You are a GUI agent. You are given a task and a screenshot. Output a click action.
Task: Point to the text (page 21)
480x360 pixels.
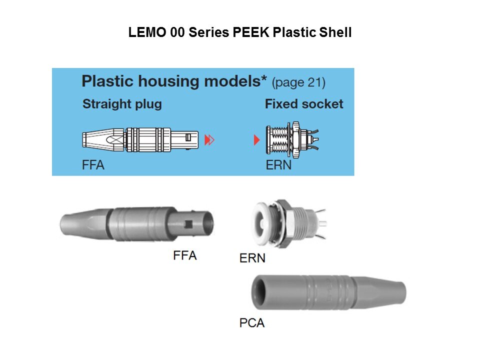(x=298, y=82)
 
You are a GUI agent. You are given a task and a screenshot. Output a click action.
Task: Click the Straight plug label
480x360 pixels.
(x=122, y=104)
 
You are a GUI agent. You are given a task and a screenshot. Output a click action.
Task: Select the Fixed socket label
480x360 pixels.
(x=304, y=104)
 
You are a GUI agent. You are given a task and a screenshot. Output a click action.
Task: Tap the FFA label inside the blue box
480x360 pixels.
(x=93, y=165)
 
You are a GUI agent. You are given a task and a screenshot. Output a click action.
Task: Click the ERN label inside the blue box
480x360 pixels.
(x=278, y=165)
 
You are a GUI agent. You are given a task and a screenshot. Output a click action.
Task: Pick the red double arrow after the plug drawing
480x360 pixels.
(x=209, y=140)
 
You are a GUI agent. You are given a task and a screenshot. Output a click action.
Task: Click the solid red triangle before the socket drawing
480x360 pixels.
(x=257, y=140)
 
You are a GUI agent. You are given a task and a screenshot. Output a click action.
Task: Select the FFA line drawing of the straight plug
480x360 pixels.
(x=140, y=139)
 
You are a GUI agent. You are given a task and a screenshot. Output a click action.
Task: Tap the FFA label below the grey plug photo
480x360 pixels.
(x=184, y=255)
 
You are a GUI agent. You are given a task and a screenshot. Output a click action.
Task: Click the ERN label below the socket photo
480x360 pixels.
(x=252, y=258)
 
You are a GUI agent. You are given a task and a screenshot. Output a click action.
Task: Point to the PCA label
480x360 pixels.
(x=251, y=323)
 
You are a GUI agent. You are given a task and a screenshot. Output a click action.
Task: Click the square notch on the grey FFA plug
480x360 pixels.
(x=188, y=224)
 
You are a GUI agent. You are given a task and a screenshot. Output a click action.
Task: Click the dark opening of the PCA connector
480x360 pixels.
(x=260, y=292)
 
